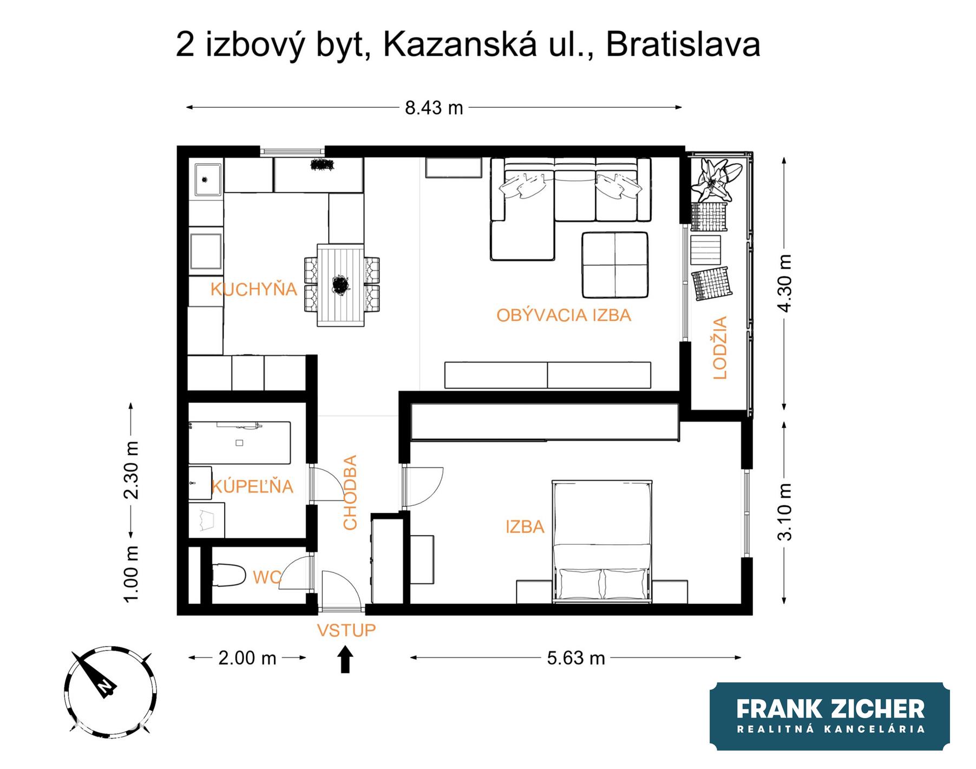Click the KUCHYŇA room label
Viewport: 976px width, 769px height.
(x=254, y=289)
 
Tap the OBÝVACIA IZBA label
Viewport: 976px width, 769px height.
(x=564, y=315)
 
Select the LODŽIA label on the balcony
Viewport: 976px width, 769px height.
(x=719, y=348)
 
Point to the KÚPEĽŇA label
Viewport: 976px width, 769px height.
(x=252, y=486)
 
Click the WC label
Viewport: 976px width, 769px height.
(x=267, y=578)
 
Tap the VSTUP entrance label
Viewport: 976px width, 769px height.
(x=346, y=630)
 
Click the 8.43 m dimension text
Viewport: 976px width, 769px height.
(x=434, y=108)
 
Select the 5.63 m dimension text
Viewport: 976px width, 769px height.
(x=576, y=658)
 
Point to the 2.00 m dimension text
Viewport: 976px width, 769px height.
(x=247, y=658)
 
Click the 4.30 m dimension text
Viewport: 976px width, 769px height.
(x=784, y=283)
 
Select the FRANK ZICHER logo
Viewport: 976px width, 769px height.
(x=830, y=716)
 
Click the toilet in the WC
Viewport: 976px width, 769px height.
(x=228, y=575)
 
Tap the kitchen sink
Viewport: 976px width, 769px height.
(x=208, y=180)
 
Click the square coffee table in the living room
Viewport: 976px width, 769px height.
(x=615, y=265)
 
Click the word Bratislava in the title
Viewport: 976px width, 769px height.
(x=683, y=44)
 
